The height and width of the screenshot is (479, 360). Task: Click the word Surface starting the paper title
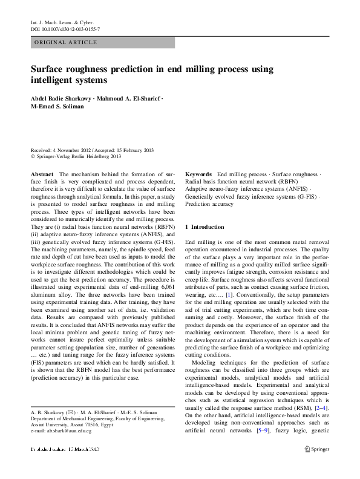[x=49, y=69]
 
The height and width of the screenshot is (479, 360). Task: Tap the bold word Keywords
[x=198, y=174]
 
